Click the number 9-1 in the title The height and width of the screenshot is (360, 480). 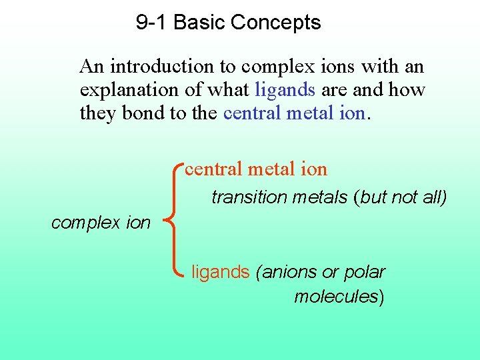(151, 23)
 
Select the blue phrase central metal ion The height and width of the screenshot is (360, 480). (294, 113)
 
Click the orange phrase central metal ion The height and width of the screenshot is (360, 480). (256, 169)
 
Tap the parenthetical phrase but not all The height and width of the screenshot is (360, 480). (403, 197)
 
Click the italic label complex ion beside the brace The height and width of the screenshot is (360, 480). (101, 223)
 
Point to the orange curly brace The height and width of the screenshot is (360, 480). (175, 220)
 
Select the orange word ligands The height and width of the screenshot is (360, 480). (221, 272)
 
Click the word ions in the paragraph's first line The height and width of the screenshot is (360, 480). (339, 67)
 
